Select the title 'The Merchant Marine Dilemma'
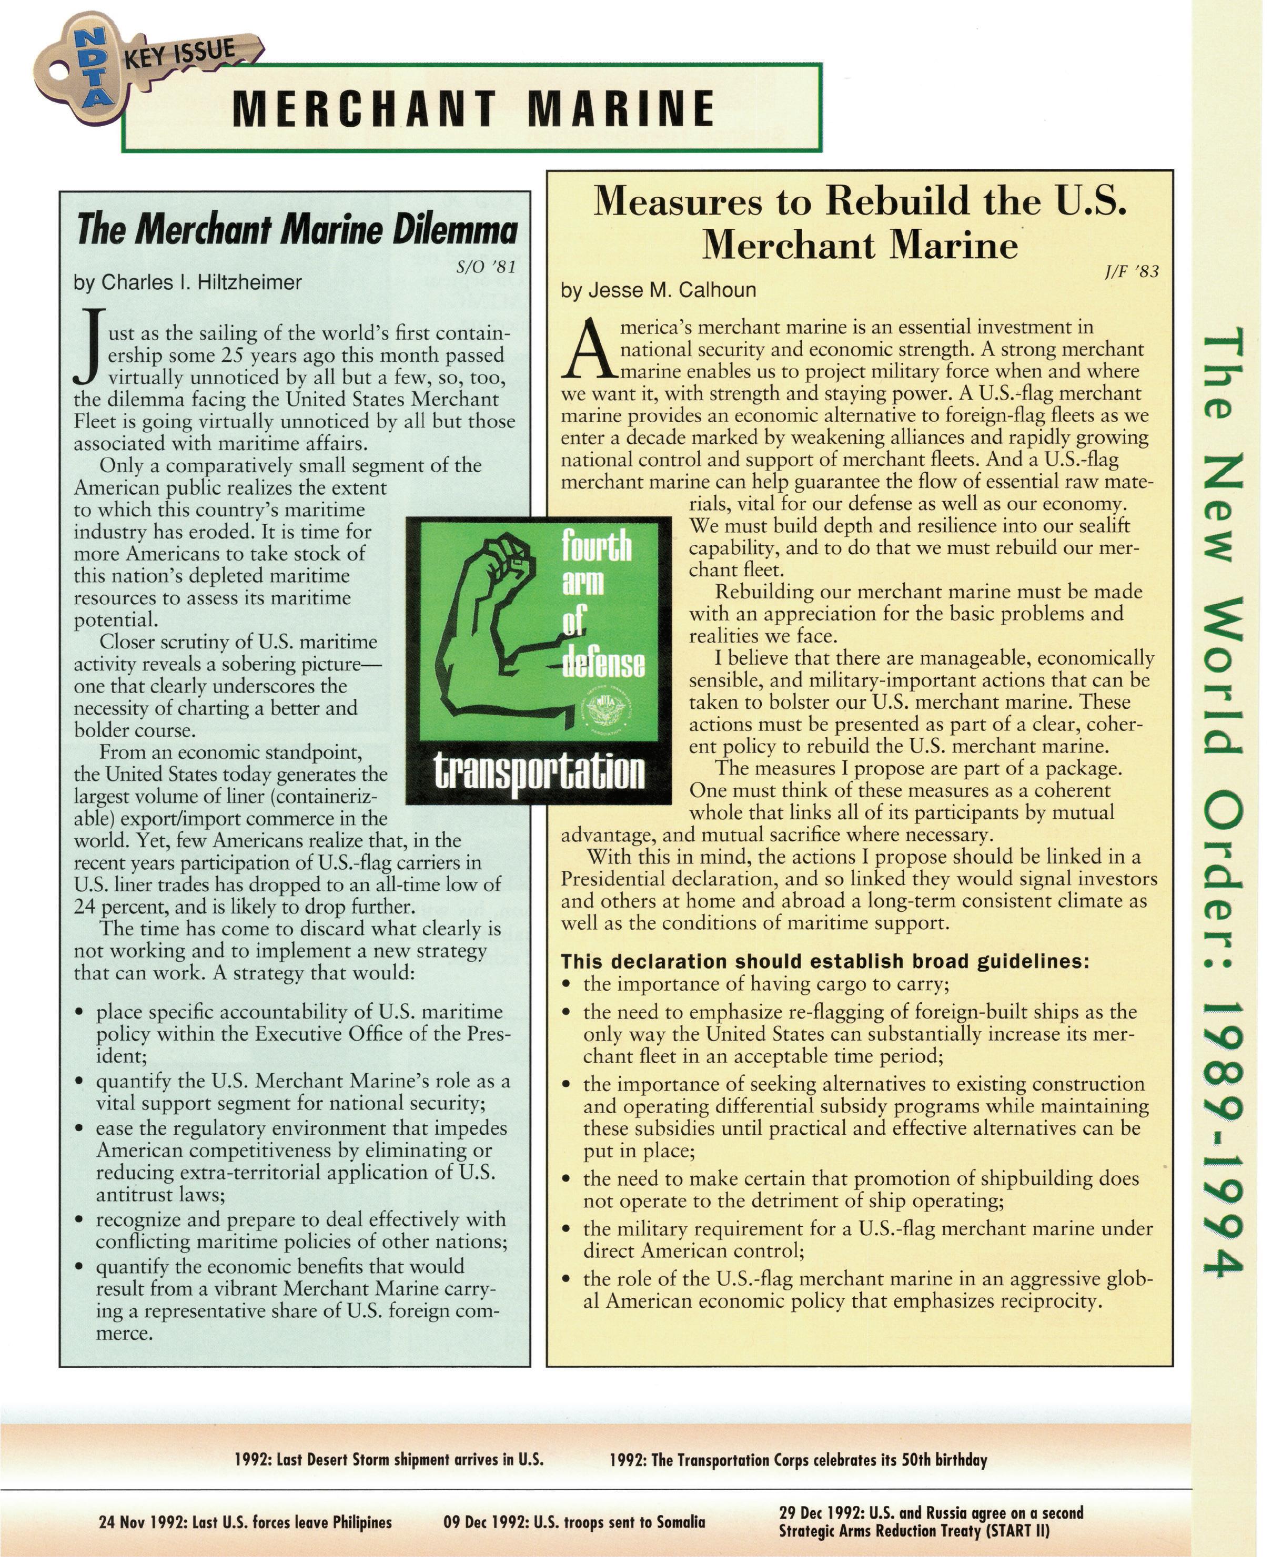click(296, 230)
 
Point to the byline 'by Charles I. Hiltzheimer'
click(188, 283)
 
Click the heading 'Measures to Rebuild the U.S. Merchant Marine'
click(860, 222)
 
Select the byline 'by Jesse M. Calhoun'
click(658, 290)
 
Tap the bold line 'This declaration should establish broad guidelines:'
click(825, 961)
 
